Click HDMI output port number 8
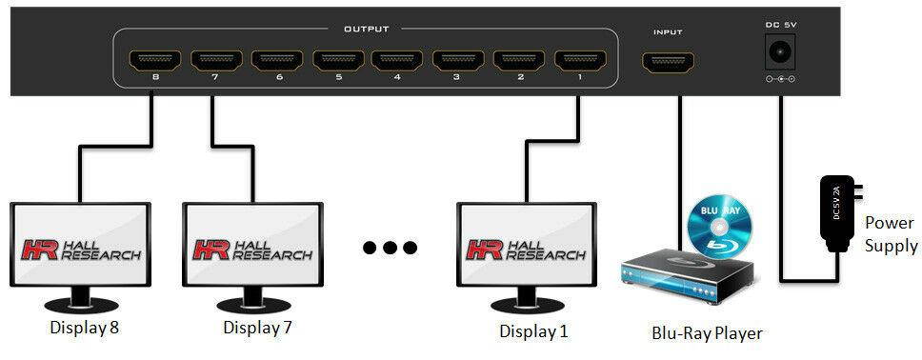pos(154,62)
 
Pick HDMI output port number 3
pos(457,62)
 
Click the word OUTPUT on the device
pos(367,30)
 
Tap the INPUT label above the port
pos(667,32)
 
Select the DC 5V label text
pos(781,23)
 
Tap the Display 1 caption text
pos(533,330)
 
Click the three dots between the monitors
pos(390,248)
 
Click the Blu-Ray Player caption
pos(706,333)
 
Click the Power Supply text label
pos(889,233)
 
